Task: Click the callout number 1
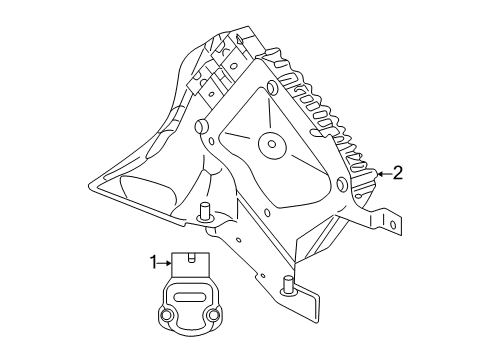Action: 154,262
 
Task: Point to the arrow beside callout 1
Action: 165,262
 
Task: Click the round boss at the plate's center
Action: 270,146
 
